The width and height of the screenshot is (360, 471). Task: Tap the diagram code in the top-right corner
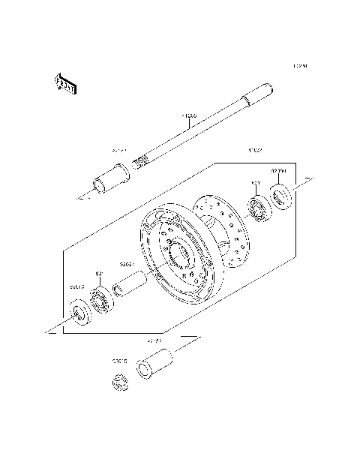pyautogui.click(x=300, y=66)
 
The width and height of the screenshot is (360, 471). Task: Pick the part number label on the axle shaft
pyautogui.click(x=189, y=116)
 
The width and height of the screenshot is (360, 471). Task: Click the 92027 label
pyautogui.click(x=126, y=264)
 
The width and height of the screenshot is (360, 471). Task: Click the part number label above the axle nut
pyautogui.click(x=119, y=361)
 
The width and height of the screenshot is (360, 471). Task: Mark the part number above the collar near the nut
pyautogui.click(x=154, y=340)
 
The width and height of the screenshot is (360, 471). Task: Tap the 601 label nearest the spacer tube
pyautogui.click(x=97, y=274)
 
